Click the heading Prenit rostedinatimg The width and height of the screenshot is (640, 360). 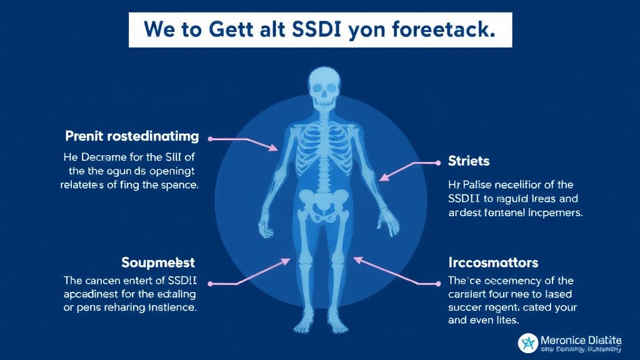(x=132, y=136)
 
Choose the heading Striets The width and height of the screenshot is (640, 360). (x=469, y=161)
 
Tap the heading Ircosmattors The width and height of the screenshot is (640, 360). (x=493, y=262)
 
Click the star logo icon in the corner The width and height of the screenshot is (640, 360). (x=529, y=343)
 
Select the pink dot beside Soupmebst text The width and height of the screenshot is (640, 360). (x=211, y=284)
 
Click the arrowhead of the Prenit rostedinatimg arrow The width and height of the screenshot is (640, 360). (x=275, y=149)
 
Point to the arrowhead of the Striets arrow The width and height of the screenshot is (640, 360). (x=382, y=178)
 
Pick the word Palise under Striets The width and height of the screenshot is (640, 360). (x=478, y=184)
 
